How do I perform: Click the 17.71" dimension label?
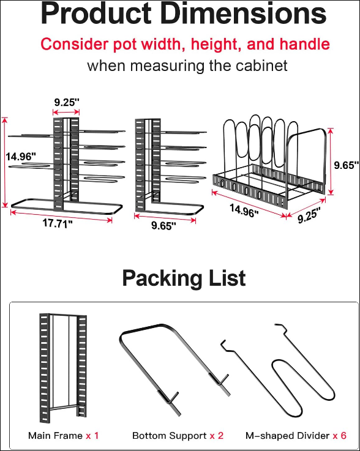coord(58,223)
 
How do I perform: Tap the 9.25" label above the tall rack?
coord(67,102)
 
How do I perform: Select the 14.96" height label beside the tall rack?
coord(21,157)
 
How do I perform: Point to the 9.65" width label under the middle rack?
coord(163,226)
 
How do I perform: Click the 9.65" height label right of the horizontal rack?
coord(346,165)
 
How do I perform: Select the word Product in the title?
coord(96,13)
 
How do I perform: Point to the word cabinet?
coord(261,65)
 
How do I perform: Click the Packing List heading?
coord(184,278)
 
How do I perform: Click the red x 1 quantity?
coord(92,436)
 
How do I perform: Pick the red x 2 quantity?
coord(216,436)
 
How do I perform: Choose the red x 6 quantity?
coord(340,436)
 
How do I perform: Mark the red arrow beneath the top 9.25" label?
coord(66,112)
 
